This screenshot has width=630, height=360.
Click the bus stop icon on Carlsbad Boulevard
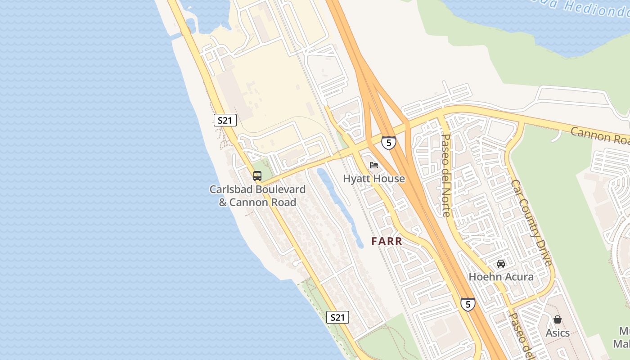point(257,176)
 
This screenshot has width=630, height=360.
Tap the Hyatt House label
point(373,179)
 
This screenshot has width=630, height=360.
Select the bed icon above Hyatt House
point(374,165)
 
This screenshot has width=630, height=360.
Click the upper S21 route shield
point(225,120)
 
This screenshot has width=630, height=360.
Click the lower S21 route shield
point(337,317)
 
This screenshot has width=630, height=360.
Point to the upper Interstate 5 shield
point(388,143)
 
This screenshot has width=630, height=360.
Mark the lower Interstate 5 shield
point(468,304)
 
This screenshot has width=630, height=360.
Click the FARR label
point(387,241)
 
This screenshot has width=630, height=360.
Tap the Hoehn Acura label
point(501,276)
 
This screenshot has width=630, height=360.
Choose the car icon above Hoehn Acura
point(500,264)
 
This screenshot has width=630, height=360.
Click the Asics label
point(558,333)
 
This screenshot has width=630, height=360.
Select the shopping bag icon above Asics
point(558,319)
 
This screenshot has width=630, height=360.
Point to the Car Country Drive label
point(531,222)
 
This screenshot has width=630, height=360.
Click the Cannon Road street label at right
point(600,135)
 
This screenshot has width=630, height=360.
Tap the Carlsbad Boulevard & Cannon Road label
point(257,196)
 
